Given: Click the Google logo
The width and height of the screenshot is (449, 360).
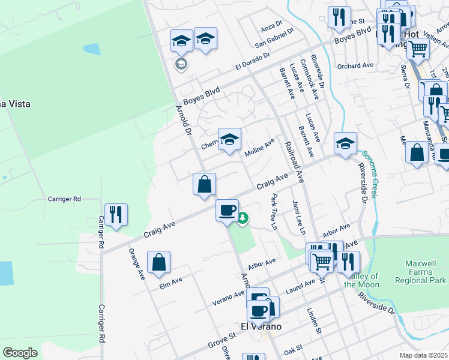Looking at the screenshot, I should pyautogui.click(x=20, y=352).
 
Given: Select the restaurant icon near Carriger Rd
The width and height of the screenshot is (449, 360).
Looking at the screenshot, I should pyautogui.click(x=116, y=215).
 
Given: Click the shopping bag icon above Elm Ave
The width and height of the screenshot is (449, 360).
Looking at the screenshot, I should pyautogui.click(x=158, y=262).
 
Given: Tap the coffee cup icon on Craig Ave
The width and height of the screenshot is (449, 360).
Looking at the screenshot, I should pyautogui.click(x=227, y=211).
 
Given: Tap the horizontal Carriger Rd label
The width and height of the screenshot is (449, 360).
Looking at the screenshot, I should pyautogui.click(x=64, y=199).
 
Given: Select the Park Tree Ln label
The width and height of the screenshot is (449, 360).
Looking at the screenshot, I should pyautogui.click(x=274, y=211).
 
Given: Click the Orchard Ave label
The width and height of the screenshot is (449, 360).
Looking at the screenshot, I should pyautogui.click(x=355, y=65).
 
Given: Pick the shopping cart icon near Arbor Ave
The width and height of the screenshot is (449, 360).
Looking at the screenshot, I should pyautogui.click(x=322, y=261).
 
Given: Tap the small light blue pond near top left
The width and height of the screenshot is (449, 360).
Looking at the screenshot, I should pyautogui.click(x=92, y=49).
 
